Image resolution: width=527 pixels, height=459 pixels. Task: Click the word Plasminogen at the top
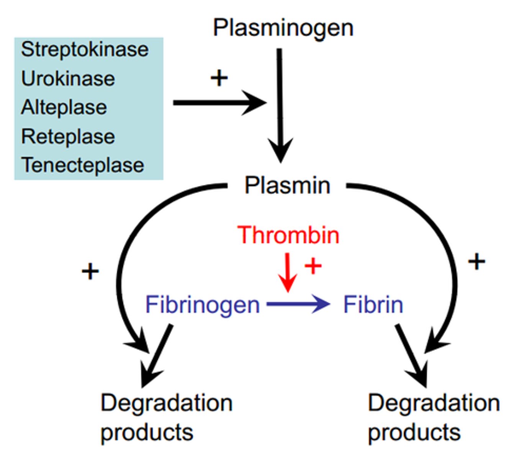(283, 28)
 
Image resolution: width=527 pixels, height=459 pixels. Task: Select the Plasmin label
(287, 186)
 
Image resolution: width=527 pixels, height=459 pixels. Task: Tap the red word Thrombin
(288, 234)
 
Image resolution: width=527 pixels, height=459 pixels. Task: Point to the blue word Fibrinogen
(203, 305)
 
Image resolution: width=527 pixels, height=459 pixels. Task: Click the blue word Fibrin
(373, 305)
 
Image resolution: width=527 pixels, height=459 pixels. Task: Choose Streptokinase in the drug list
(85, 50)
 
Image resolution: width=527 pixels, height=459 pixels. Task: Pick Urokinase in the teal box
(68, 79)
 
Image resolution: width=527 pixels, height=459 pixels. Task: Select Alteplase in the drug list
(64, 107)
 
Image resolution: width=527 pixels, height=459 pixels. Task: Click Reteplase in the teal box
(68, 137)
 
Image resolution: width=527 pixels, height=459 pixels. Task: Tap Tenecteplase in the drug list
(83, 165)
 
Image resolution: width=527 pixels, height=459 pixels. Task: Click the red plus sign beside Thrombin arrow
(313, 266)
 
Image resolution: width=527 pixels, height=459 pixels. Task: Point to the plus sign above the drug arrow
(219, 78)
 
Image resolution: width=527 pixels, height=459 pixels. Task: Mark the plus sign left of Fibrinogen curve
(90, 272)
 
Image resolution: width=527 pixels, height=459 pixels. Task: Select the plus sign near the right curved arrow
(477, 262)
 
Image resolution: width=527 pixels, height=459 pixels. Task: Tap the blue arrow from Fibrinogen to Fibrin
(298, 304)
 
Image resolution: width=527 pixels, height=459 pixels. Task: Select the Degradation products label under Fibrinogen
(166, 418)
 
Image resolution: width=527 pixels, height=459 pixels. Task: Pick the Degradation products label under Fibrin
(434, 418)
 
